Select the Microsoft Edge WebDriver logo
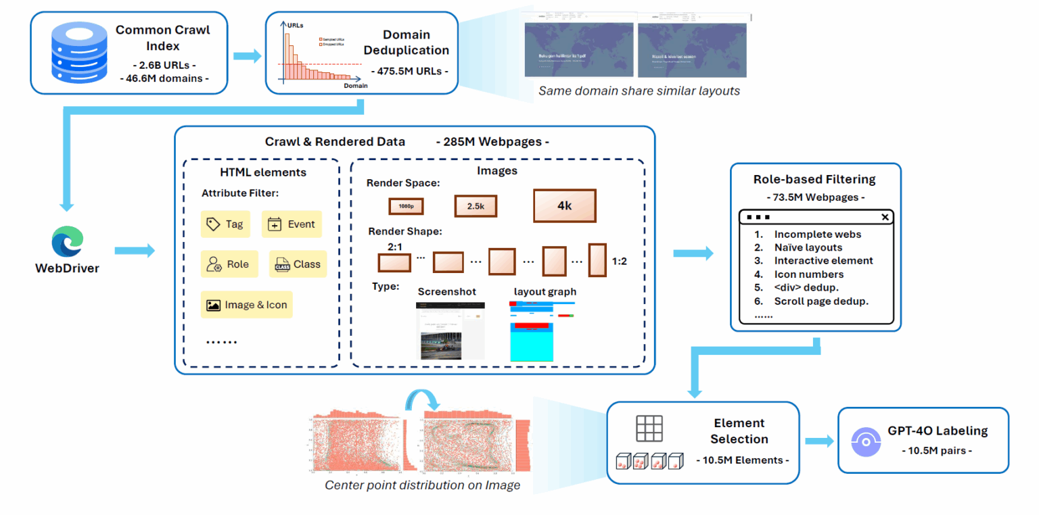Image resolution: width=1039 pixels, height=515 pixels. (x=67, y=241)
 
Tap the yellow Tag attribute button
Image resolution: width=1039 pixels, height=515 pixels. (x=225, y=224)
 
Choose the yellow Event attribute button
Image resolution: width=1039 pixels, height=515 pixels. (x=292, y=224)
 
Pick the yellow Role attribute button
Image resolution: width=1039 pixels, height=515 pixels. (x=228, y=264)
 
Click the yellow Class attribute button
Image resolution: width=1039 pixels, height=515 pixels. (x=298, y=264)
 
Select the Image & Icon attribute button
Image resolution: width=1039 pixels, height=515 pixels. (x=247, y=305)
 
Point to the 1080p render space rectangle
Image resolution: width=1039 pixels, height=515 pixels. (x=406, y=206)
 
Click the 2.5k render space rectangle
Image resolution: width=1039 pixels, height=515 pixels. (x=476, y=206)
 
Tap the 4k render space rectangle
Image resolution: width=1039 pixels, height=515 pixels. (x=564, y=205)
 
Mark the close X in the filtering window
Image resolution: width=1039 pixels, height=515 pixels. (x=885, y=217)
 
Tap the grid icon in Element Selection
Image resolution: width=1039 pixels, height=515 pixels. (x=649, y=428)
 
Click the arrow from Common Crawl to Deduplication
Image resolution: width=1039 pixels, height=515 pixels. (x=247, y=56)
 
